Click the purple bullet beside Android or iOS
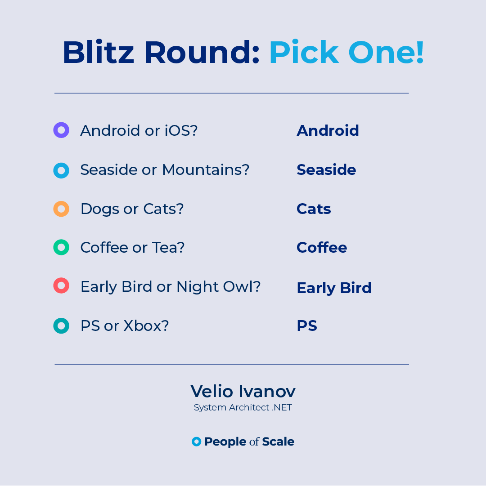61,130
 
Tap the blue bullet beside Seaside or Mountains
61,170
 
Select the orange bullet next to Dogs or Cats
61,209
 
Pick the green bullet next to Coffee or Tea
61,247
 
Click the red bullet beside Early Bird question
61,286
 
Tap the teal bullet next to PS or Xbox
61,325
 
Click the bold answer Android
328,130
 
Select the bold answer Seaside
326,169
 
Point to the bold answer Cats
314,209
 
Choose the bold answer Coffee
322,247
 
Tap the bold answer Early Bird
334,288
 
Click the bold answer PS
307,325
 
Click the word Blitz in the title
99,52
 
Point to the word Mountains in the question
205,169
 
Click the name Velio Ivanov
243,391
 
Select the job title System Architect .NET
243,408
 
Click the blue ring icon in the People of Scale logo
196,441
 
